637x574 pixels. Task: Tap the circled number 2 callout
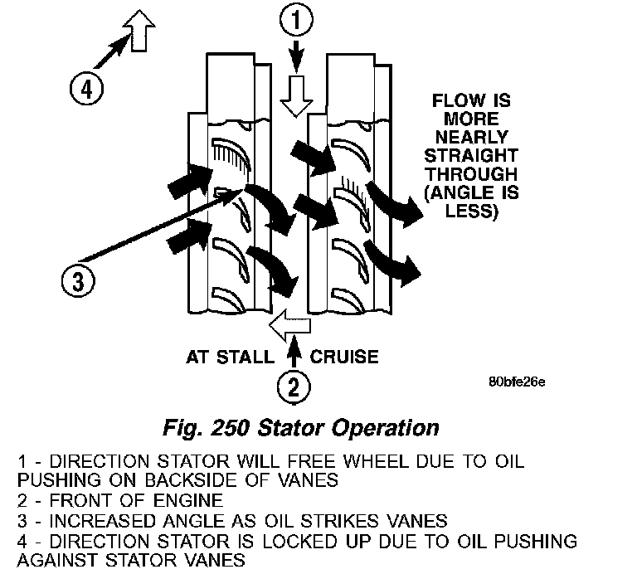tap(296, 386)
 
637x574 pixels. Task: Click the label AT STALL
tap(228, 358)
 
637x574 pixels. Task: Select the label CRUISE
tap(344, 358)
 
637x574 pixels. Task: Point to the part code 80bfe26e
tap(517, 382)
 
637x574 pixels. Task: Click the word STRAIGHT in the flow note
tap(472, 156)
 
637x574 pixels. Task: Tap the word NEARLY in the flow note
tap(472, 138)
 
